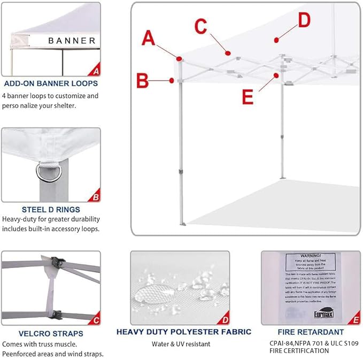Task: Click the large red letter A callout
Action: click(149, 39)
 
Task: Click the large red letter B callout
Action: click(142, 81)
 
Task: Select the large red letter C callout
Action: click(200, 25)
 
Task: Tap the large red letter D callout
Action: click(304, 20)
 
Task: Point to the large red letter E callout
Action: click(247, 97)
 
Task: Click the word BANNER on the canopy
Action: click(72, 41)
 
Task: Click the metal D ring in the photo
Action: click(45, 172)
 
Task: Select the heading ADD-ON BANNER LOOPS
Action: click(50, 83)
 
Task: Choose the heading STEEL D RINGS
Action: click(51, 209)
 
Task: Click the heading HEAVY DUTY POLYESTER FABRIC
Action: click(181, 332)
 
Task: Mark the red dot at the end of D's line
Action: click(276, 40)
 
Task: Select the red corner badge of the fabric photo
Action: click(225, 320)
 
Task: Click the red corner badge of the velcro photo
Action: click(96, 320)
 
